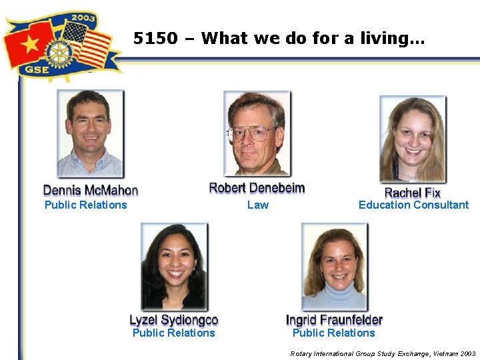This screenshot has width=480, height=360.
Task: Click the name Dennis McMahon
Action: click(x=91, y=191)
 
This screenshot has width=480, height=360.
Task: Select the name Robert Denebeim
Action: click(x=257, y=188)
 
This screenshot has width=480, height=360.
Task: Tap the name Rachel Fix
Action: click(x=413, y=193)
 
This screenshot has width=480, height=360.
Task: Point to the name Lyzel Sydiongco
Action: click(x=173, y=320)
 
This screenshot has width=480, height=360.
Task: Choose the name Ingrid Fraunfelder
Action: click(x=334, y=320)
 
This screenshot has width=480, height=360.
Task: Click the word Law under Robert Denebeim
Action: click(x=257, y=205)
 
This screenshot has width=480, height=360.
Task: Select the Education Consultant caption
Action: click(x=413, y=205)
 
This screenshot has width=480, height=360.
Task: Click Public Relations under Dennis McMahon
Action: click(x=85, y=205)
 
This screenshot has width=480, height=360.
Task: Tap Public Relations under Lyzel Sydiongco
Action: click(x=173, y=333)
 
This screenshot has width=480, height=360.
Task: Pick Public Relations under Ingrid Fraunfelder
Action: click(x=333, y=333)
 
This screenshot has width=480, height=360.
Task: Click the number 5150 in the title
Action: click(x=155, y=39)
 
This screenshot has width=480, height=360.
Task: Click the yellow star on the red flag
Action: click(x=29, y=44)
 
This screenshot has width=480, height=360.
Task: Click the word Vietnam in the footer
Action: click(x=440, y=353)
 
